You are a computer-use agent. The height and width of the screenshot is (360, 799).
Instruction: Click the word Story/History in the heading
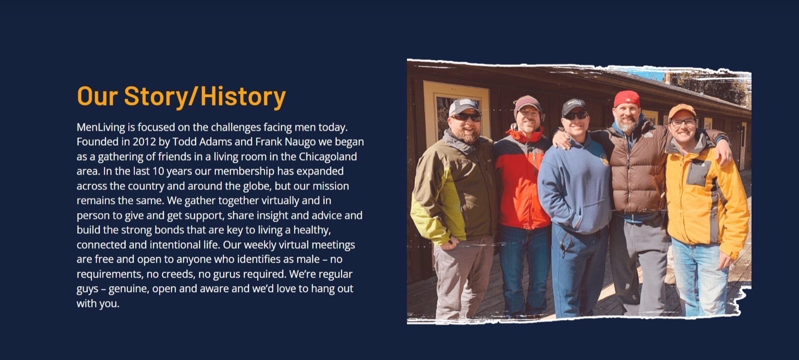coord(205,97)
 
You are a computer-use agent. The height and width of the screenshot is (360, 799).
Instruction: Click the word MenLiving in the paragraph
coord(100,127)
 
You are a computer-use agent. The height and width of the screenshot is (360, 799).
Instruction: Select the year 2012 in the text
coord(144,142)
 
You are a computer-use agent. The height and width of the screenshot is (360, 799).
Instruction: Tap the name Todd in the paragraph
coord(184,142)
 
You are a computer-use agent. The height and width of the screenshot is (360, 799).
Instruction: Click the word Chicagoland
coord(328,157)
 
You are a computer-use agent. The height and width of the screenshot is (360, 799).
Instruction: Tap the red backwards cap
coord(626,98)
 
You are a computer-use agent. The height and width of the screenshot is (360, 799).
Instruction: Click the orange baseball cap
coord(682,111)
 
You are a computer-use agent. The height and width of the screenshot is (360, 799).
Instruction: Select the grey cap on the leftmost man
coord(464,106)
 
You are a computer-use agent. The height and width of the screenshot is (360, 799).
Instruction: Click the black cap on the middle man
coord(574,106)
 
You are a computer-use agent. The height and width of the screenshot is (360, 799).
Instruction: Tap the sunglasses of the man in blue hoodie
coord(575,116)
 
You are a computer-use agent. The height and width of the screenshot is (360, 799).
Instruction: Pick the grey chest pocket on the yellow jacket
coord(699,173)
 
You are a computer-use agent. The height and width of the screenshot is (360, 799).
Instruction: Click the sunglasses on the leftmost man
coord(466,117)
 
